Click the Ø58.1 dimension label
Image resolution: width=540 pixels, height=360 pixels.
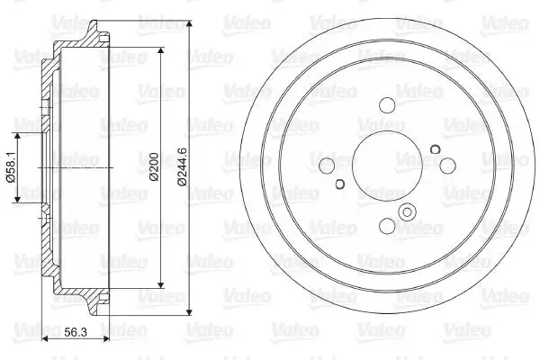pyautogui.click(x=11, y=167)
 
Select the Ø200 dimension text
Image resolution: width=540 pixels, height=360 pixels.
pyautogui.click(x=154, y=166)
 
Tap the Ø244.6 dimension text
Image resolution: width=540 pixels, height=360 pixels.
pyautogui.click(x=182, y=166)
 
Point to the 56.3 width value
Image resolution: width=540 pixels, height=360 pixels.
pyautogui.click(x=76, y=332)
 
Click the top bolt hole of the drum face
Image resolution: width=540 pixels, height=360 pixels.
pyautogui.click(x=387, y=105)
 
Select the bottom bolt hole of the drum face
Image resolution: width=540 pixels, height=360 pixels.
pyautogui.click(x=387, y=226)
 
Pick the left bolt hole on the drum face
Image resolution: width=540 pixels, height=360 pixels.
pyautogui.click(x=327, y=166)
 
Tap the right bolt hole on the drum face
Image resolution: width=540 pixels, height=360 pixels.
pyautogui.click(x=447, y=166)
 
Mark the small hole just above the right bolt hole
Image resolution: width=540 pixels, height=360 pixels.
pyautogui.click(x=436, y=149)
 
